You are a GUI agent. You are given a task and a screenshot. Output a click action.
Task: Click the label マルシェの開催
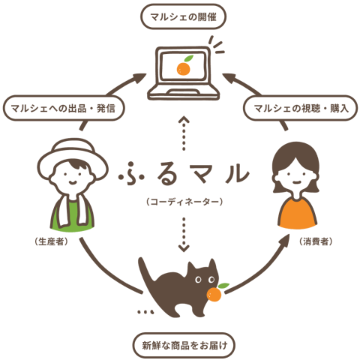tap(183, 17)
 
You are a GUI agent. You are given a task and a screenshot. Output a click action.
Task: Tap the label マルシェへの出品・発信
tap(64, 108)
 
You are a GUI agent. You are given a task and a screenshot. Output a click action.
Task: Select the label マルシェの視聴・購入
tap(301, 108)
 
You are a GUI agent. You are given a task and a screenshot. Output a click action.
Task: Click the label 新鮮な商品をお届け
tap(184, 345)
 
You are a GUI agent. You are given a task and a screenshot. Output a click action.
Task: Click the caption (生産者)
tap(52, 241)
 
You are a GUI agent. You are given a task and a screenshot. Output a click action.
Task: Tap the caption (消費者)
tap(316, 241)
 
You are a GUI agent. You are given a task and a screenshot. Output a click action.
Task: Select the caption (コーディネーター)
tap(184, 202)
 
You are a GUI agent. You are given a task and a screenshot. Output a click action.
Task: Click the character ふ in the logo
tap(131, 173)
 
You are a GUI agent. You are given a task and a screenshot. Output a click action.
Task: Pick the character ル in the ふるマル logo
tap(236, 172)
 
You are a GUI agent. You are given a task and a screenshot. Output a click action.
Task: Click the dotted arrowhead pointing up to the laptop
tap(184, 119)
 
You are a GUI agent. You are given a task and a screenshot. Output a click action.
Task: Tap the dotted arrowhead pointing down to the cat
tap(184, 248)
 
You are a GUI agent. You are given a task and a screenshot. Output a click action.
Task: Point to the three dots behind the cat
tap(145, 312)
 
